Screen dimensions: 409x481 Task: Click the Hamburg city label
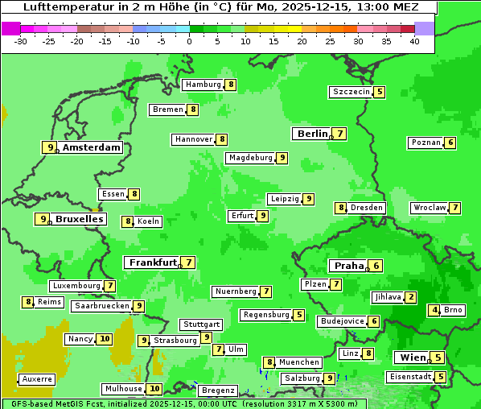pos(202,85)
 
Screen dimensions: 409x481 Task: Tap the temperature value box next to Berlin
pos(341,134)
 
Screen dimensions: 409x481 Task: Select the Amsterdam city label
pos(92,147)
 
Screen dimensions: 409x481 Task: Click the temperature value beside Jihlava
pos(412,297)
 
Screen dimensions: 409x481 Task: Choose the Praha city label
pos(349,266)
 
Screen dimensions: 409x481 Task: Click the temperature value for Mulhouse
pos(155,389)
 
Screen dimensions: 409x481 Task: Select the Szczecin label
pos(351,92)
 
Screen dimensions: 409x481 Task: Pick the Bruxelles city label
pos(79,219)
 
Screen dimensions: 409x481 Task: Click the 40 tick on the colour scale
pos(414,41)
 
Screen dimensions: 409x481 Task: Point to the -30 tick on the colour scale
pos(21,41)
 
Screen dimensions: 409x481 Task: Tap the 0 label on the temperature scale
pos(189,41)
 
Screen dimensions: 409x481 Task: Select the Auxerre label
pos(37,378)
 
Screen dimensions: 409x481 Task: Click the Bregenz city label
pos(217,390)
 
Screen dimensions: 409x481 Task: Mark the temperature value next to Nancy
pos(105,339)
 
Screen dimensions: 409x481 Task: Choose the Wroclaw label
pos(428,208)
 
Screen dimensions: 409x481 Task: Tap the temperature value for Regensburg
pos(299,315)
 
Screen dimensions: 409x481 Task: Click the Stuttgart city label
pos(200,324)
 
